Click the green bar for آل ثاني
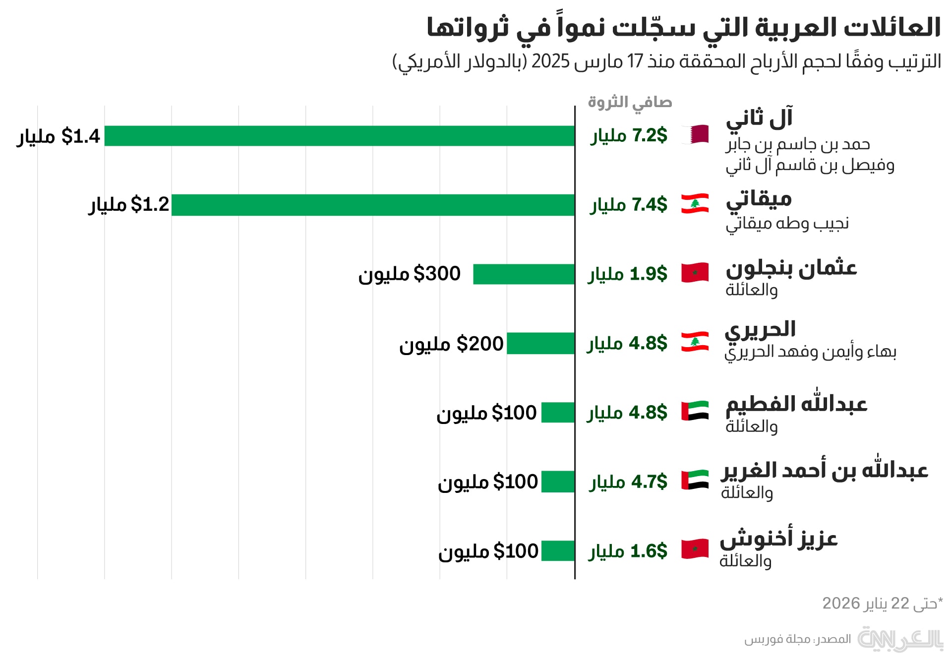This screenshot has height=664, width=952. [340, 136]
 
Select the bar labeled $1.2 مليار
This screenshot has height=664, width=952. [373, 205]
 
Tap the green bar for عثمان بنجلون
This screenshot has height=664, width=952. [524, 274]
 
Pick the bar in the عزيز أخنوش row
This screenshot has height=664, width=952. [558, 551]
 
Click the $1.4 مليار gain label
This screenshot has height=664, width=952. [59, 136]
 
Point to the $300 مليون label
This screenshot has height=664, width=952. [410, 274]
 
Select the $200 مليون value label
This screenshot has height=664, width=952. [451, 344]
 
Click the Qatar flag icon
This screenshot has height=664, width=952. [695, 134]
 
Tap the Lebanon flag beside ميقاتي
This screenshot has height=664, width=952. [695, 204]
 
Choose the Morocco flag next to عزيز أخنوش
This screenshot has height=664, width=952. [695, 549]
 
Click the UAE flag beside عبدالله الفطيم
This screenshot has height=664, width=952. [695, 411]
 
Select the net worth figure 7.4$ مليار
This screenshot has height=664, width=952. [629, 205]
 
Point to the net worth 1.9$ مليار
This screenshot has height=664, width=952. [628, 274]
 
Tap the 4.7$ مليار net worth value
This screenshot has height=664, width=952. [628, 482]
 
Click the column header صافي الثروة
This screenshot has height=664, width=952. [630, 102]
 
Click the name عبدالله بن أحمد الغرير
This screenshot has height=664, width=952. [825, 470]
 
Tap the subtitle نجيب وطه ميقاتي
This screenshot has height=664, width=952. [787, 224]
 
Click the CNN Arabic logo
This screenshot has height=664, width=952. [900, 639]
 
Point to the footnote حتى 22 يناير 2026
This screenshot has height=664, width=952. [882, 604]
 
